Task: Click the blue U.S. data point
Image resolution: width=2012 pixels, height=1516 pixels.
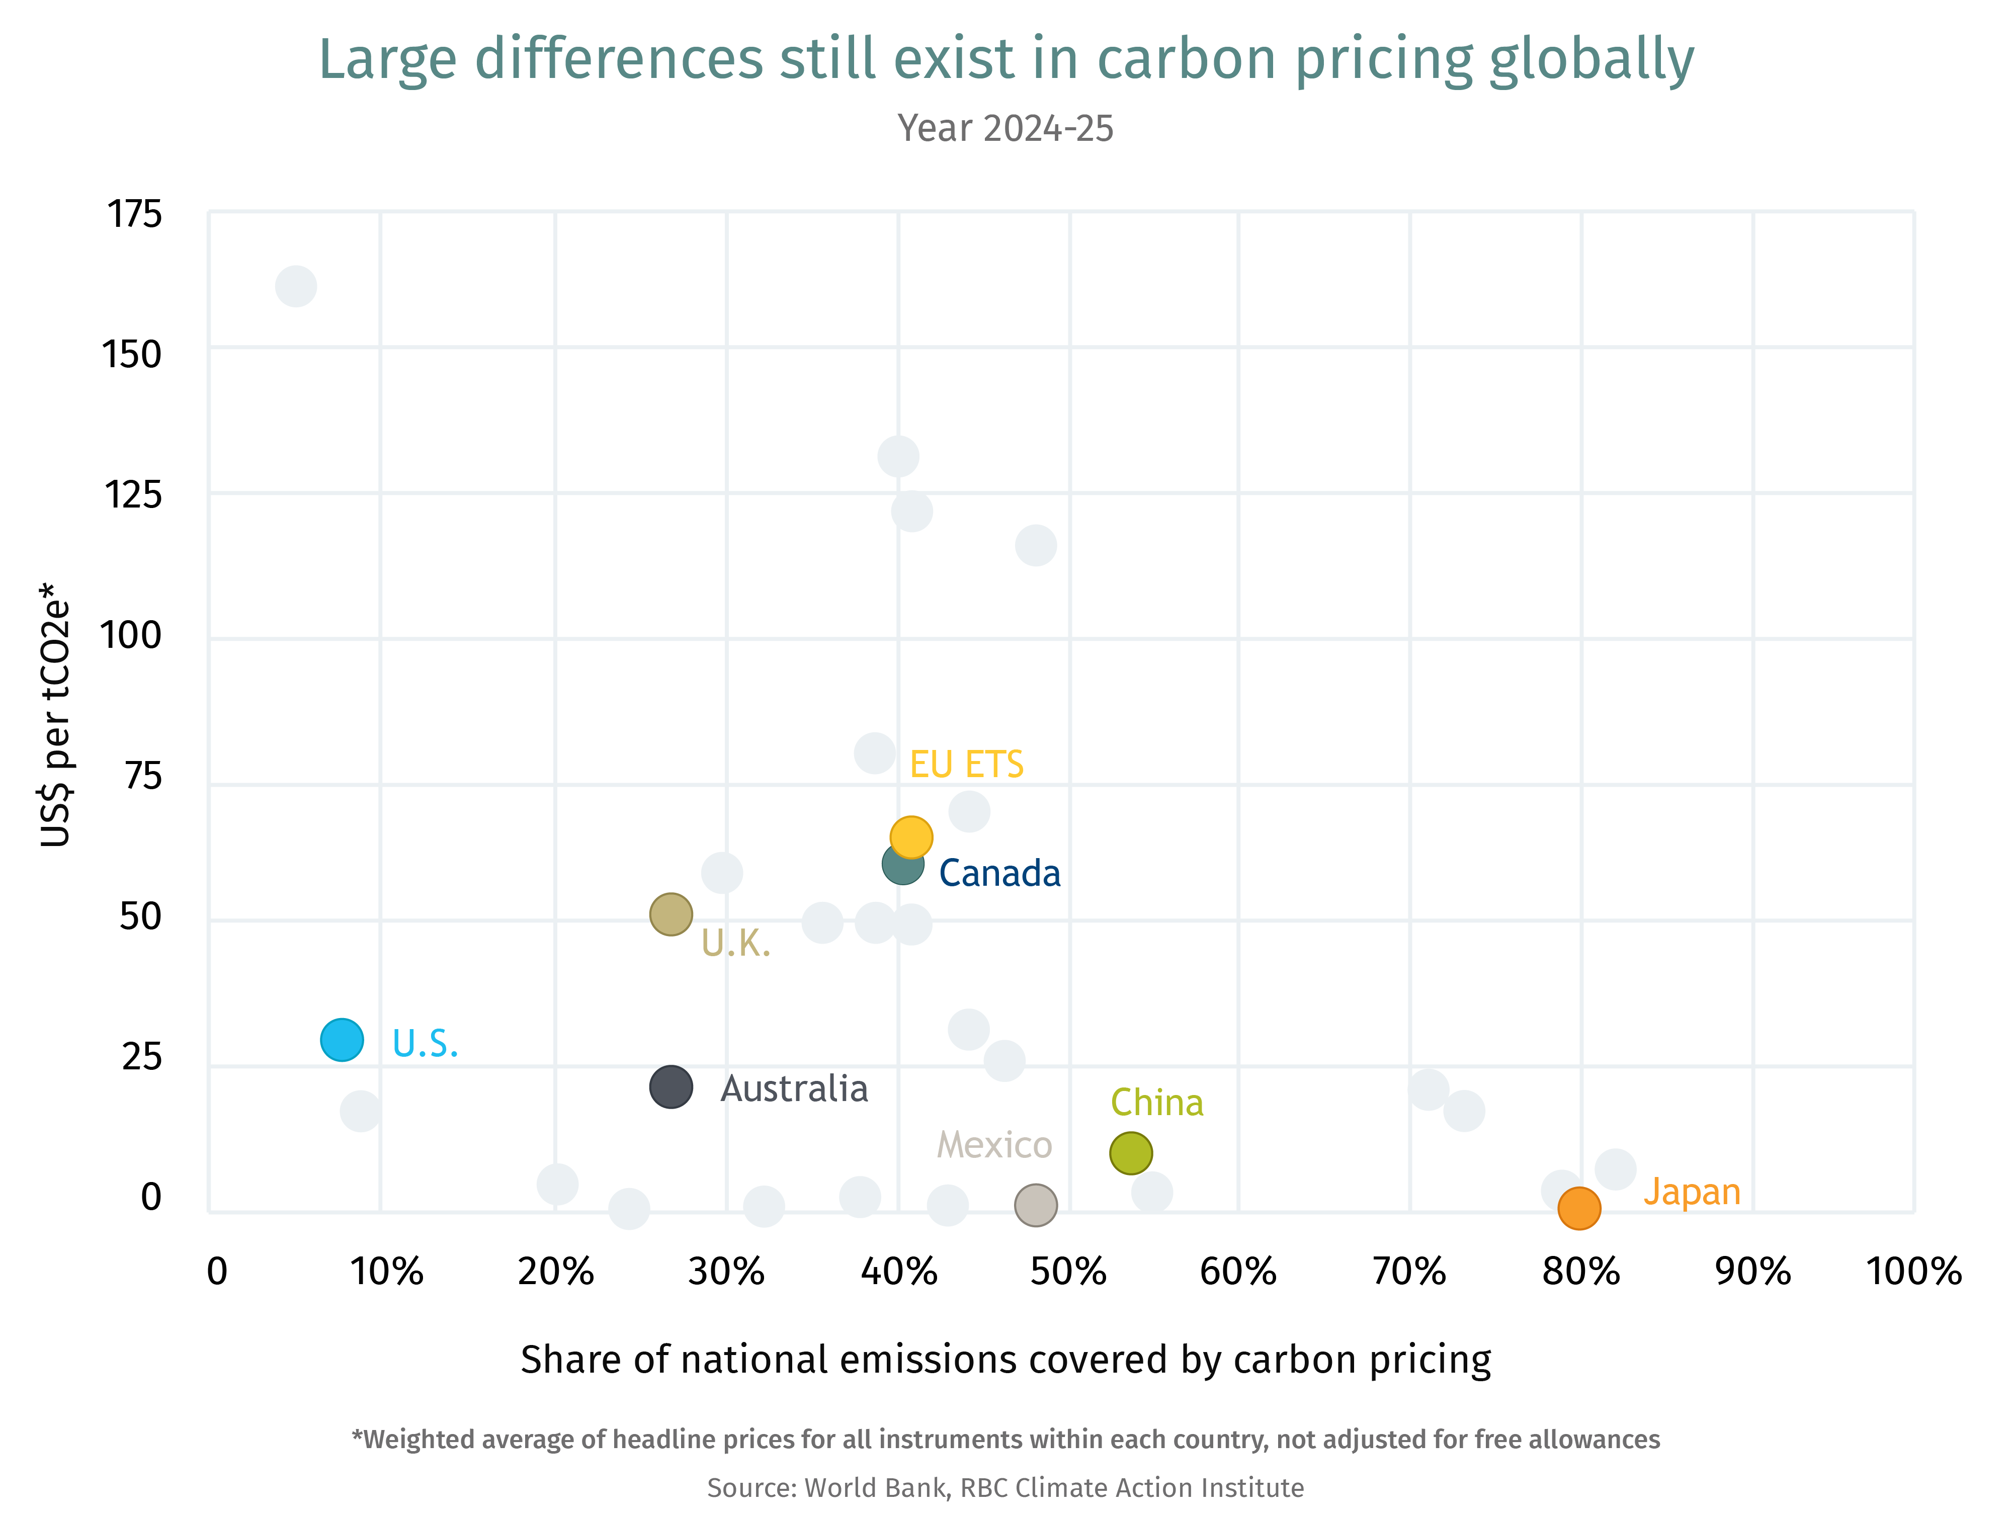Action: [x=342, y=1040]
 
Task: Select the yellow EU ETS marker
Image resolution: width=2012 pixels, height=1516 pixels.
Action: [x=910, y=836]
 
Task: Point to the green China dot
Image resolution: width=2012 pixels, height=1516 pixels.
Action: [x=1131, y=1153]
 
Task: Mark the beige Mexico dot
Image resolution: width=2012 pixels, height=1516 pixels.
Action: [x=1035, y=1205]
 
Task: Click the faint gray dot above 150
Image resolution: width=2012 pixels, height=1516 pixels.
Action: [x=296, y=287]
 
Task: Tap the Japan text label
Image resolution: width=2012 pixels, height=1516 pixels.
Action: [x=1691, y=1192]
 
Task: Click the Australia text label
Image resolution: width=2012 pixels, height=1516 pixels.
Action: [x=794, y=1088]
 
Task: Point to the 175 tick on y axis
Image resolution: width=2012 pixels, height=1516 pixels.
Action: [x=135, y=215]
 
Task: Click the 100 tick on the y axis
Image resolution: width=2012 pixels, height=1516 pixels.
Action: [x=132, y=636]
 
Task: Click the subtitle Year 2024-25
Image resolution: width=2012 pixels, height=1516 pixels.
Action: [x=1005, y=128]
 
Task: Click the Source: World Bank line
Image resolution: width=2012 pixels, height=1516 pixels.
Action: [x=1005, y=1488]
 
